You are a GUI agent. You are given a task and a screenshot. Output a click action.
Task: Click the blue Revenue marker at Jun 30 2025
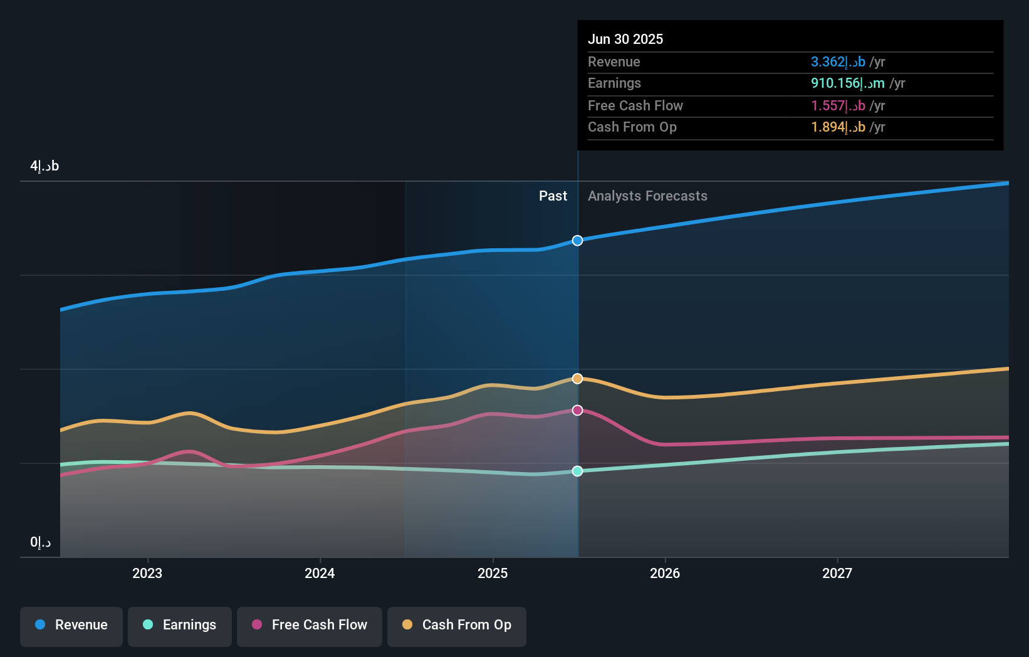577,241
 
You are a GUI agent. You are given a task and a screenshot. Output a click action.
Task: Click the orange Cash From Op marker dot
577,379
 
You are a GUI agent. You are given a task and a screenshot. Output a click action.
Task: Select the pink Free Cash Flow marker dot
577,410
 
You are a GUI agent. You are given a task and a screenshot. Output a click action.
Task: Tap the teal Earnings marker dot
577,471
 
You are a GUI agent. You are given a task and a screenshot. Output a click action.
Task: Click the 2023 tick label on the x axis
147,573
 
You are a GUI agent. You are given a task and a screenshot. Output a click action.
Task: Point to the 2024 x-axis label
320,573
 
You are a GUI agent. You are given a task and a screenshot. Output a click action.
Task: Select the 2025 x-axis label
493,573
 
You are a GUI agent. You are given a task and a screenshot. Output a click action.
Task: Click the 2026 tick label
665,573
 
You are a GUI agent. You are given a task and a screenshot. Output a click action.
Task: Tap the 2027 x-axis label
837,573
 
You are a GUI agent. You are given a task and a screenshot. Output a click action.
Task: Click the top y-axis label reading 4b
44,166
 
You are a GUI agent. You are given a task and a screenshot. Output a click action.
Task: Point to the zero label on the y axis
41,542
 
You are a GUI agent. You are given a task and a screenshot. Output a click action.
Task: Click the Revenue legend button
71,625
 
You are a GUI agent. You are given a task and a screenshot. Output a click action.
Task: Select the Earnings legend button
180,625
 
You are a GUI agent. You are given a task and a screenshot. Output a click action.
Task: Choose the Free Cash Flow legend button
310,625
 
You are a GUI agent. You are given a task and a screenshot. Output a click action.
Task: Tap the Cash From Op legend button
457,625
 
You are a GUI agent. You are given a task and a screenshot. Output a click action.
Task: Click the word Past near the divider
553,196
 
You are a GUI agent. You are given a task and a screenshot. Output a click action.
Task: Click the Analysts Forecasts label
647,196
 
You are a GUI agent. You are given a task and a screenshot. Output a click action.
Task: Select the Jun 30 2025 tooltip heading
625,39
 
